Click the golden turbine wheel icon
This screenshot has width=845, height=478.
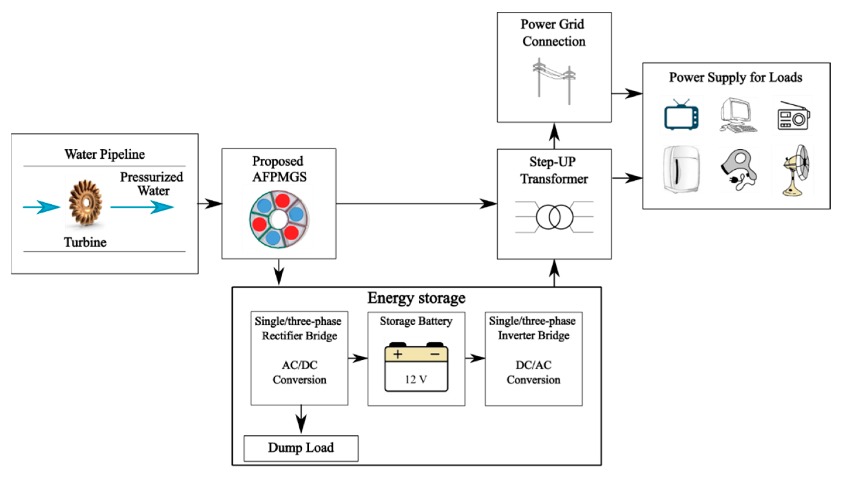[x=86, y=203]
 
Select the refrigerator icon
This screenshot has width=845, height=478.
[x=681, y=169]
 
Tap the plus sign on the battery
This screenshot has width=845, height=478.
[x=398, y=354]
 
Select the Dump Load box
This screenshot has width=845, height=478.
[x=301, y=448]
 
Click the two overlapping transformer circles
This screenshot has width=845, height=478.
[x=554, y=217]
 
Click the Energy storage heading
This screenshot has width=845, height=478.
[x=416, y=298]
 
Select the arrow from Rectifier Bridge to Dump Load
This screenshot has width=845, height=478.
[x=301, y=420]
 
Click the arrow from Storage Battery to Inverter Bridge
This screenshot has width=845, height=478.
[x=475, y=358]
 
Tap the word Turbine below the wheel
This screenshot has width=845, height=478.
[x=85, y=242]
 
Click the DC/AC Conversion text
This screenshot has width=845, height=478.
[x=533, y=372]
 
